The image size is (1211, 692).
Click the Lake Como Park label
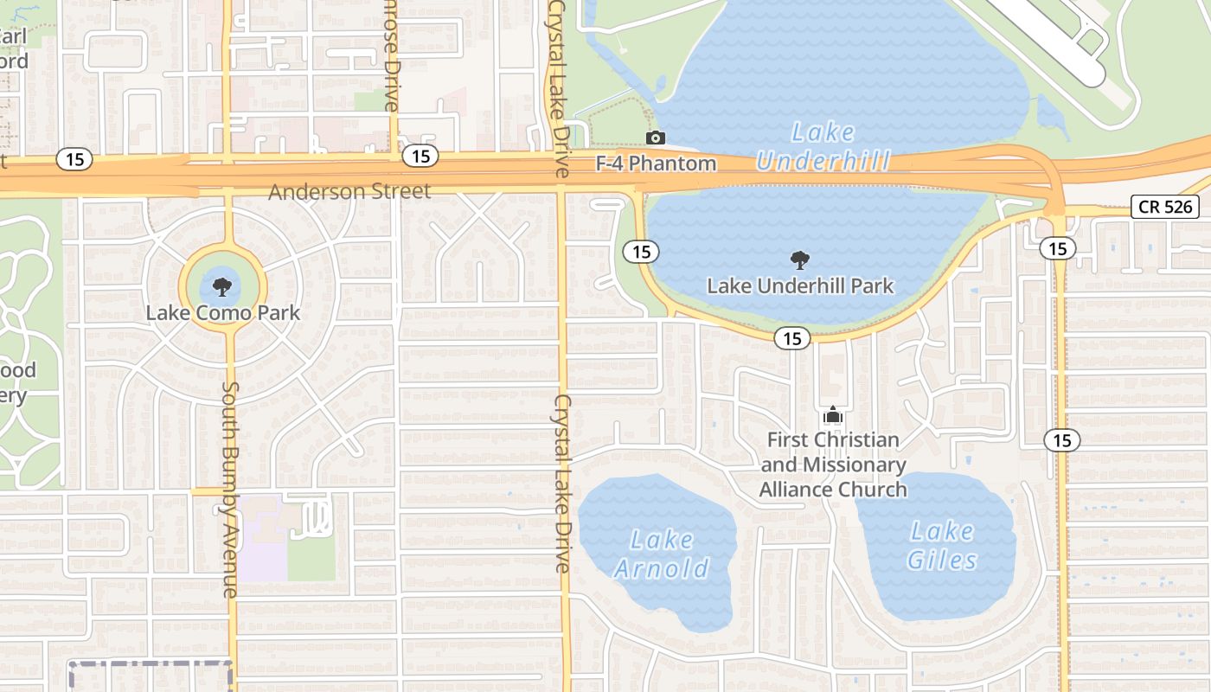[x=223, y=312]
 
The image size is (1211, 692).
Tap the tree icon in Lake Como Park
[x=223, y=285]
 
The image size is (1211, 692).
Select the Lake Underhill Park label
[x=800, y=285]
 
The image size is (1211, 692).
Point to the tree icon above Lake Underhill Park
[x=800, y=259]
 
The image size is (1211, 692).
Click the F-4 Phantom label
[x=657, y=163]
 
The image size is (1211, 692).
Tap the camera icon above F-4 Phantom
[x=656, y=138]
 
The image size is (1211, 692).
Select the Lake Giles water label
[x=942, y=546]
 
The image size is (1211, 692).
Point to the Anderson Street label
[x=349, y=191]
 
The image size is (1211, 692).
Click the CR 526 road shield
[x=1165, y=207]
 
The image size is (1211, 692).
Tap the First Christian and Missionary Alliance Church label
[x=833, y=465]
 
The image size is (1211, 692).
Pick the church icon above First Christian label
[x=833, y=415]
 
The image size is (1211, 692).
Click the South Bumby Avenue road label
[x=230, y=490]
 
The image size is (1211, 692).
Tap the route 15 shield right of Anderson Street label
[x=420, y=157]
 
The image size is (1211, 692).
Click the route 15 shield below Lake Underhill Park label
[x=792, y=338]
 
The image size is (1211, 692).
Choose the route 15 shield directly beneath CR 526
[x=1057, y=249]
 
